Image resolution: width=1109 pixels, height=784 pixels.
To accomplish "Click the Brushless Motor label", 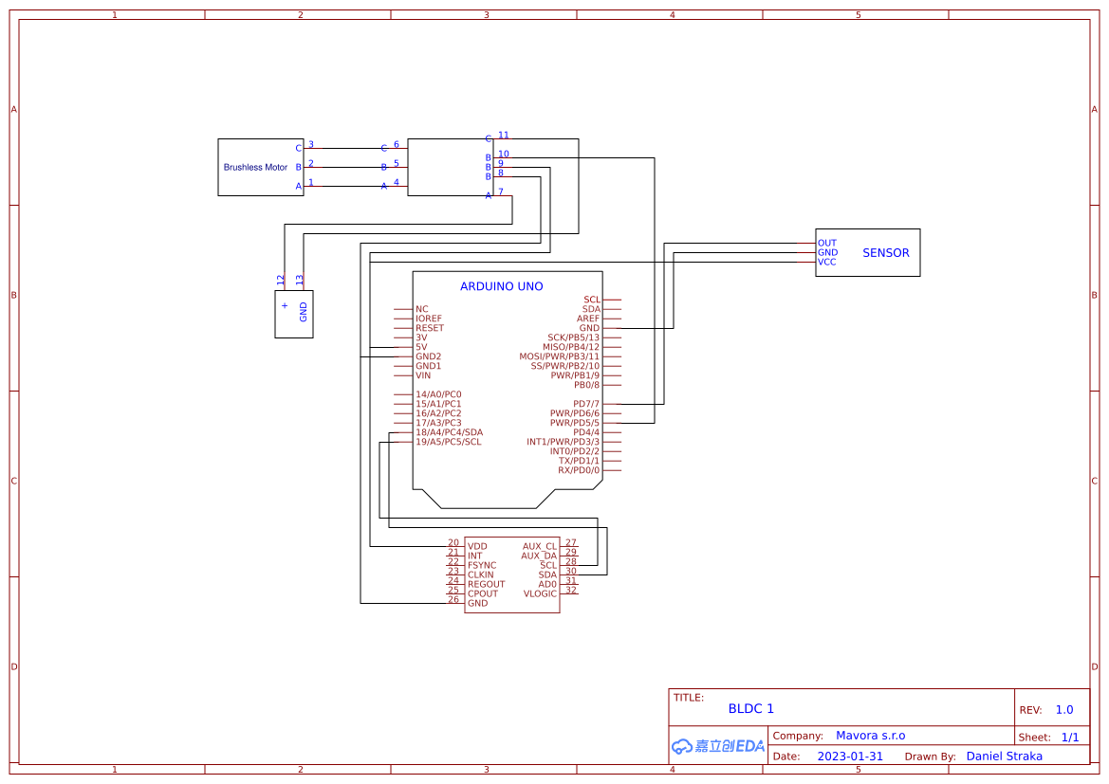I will tap(255, 168).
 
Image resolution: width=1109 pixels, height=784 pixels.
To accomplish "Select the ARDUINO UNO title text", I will tap(501, 286).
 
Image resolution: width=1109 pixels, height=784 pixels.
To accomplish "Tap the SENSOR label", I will tap(885, 253).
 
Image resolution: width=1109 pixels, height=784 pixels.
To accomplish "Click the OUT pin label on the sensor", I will tap(827, 244).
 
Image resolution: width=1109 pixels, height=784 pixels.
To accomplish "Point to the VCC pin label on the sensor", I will tap(827, 262).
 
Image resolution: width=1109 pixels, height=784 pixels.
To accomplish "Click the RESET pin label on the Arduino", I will tap(429, 328).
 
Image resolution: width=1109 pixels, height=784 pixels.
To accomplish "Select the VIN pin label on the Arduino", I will tap(423, 375).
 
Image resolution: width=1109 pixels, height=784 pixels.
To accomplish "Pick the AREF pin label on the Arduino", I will tap(588, 319).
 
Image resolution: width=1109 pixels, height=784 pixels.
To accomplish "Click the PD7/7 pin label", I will tap(586, 404).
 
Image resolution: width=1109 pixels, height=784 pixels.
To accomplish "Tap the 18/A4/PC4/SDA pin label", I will tap(449, 432).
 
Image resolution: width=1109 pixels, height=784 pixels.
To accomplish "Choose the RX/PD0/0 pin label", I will tap(579, 470).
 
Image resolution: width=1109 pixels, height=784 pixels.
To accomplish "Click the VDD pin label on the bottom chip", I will tap(477, 547).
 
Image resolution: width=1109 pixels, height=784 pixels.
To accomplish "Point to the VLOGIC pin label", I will tap(540, 594).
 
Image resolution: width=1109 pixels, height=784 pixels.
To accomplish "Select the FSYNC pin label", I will tap(482, 566).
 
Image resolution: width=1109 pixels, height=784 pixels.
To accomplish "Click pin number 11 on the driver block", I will tap(504, 136).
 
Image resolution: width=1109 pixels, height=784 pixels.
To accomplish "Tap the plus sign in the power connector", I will tap(285, 305).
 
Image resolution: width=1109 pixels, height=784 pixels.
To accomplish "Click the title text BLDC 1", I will tap(751, 709).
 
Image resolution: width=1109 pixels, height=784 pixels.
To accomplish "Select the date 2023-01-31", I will tap(850, 757).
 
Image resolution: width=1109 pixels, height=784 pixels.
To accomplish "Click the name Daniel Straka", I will tap(1004, 757).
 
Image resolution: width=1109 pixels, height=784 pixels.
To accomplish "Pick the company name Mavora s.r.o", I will tap(870, 736).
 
